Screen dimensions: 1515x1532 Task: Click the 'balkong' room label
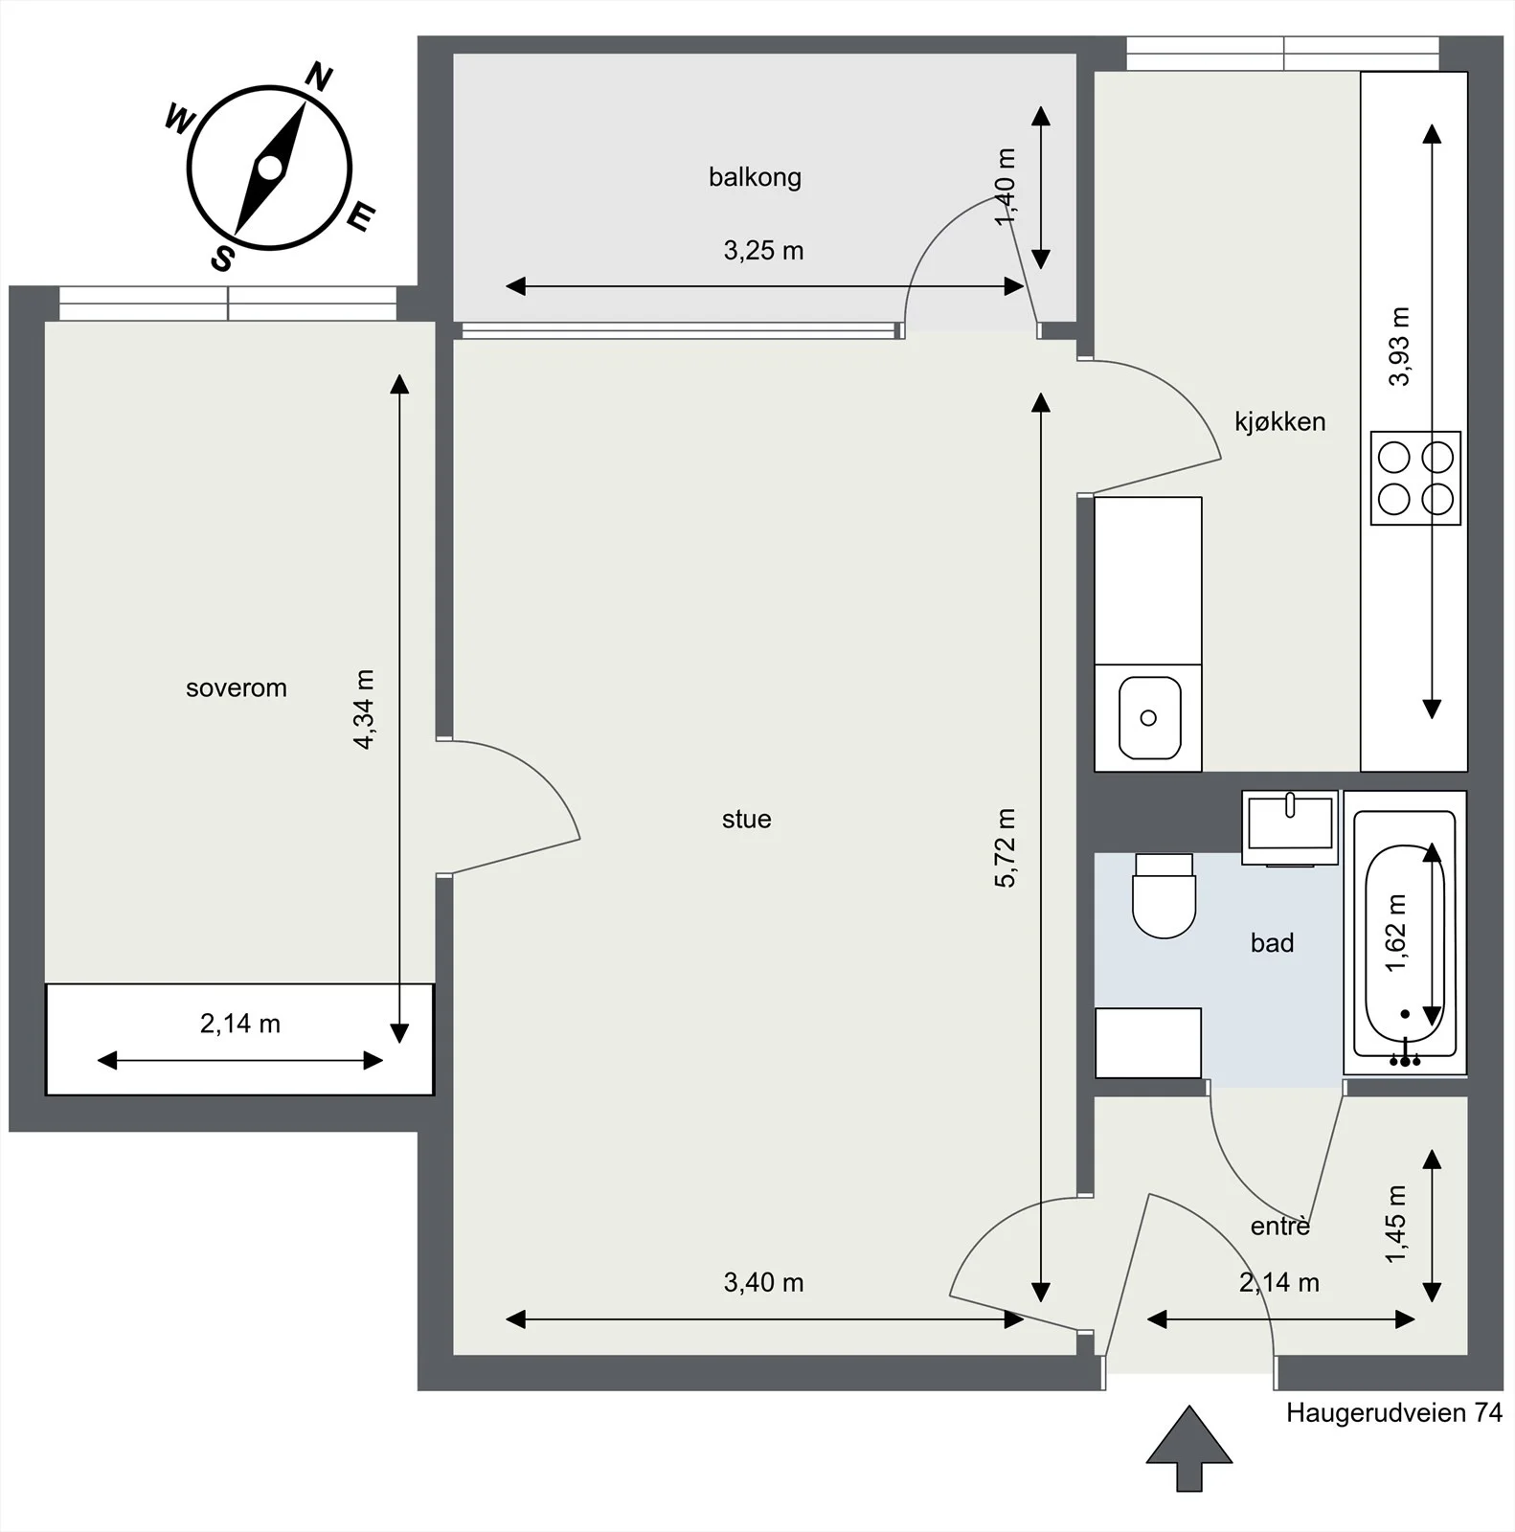[755, 178]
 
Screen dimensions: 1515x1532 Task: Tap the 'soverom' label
[237, 687]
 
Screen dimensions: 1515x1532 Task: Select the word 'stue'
[747, 819]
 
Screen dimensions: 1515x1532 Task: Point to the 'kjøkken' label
[1280, 421]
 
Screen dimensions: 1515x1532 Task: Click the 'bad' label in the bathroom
[1273, 943]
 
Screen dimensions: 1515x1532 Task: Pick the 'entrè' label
[1280, 1225]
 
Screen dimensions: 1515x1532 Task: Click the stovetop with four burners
[1415, 478]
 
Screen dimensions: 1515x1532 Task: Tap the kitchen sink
[1149, 717]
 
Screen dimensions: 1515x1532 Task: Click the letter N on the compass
[319, 77]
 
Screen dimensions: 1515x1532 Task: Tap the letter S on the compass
[222, 258]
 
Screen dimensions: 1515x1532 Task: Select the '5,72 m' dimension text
[1005, 848]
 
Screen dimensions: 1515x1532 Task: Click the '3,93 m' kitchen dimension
[1399, 347]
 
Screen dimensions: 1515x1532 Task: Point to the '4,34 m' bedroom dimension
[363, 709]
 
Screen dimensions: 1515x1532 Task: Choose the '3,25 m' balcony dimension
[763, 251]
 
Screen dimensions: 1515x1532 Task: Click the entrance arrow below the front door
[1189, 1448]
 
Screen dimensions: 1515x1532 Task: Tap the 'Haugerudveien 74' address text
[1394, 1413]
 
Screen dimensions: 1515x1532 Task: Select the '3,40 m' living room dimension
[763, 1283]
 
